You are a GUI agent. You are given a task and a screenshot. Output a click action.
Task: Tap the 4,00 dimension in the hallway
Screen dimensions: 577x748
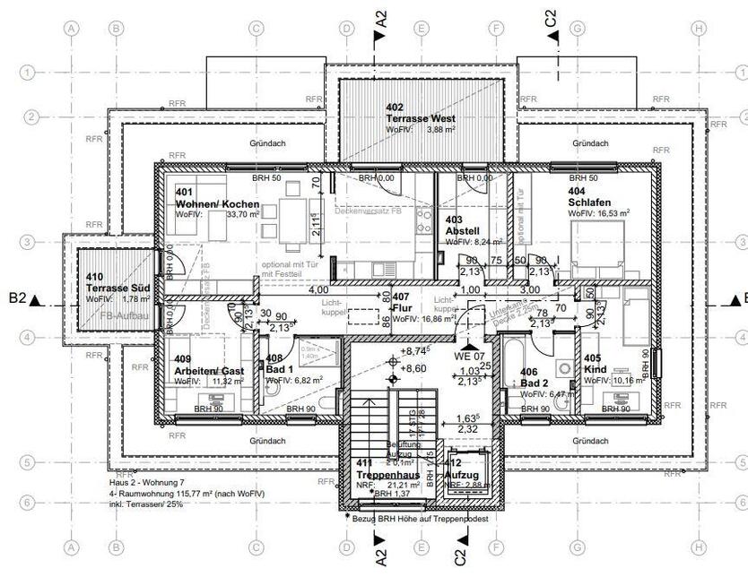click(317, 290)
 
